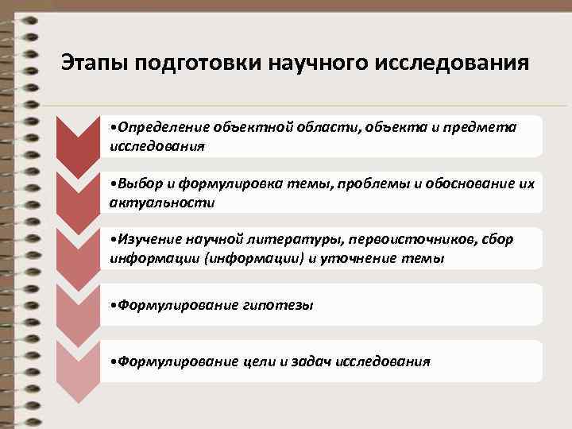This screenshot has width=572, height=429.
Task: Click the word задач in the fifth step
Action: (x=311, y=361)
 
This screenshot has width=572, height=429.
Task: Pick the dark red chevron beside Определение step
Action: (x=79, y=143)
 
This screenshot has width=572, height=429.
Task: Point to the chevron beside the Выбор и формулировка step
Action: (x=79, y=199)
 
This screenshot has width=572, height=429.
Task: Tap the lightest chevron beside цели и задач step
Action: (x=79, y=367)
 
